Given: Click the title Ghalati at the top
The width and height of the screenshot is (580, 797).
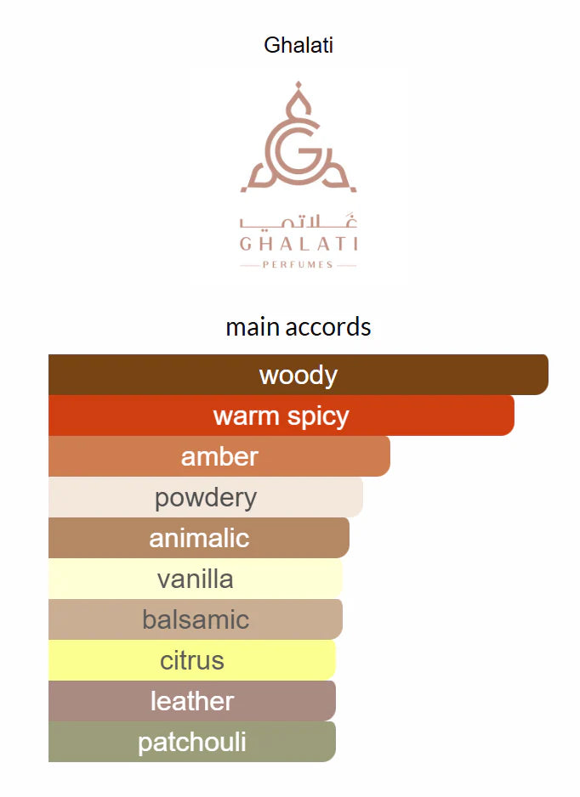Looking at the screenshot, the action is click(x=299, y=45).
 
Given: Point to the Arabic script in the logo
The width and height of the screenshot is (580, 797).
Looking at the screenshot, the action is click(x=299, y=222).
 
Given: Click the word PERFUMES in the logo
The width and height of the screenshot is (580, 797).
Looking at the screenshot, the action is click(x=298, y=264).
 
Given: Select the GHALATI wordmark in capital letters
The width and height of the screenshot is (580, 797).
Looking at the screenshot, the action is click(x=299, y=244).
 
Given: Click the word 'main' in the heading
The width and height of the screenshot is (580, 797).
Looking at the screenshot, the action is click(x=253, y=327).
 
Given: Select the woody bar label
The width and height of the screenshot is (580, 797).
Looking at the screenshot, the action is click(x=299, y=375).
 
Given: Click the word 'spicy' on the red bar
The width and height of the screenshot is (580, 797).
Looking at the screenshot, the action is click(x=318, y=417).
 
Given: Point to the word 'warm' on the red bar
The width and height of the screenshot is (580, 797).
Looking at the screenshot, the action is click(x=247, y=416).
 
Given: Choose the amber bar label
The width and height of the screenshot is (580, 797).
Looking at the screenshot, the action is click(x=219, y=456).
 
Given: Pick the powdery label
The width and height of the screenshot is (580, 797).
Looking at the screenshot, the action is click(x=206, y=498).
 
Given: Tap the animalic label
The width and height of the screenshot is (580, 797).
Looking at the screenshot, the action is click(x=200, y=538).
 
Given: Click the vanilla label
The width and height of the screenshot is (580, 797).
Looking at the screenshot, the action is click(x=196, y=579).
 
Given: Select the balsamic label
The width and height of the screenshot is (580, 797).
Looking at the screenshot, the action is click(x=196, y=619).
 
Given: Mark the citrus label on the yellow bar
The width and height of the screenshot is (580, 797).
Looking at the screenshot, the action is click(x=192, y=660).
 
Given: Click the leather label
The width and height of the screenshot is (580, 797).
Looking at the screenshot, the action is click(x=192, y=701).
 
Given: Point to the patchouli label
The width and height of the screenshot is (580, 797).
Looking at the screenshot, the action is click(x=192, y=742).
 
